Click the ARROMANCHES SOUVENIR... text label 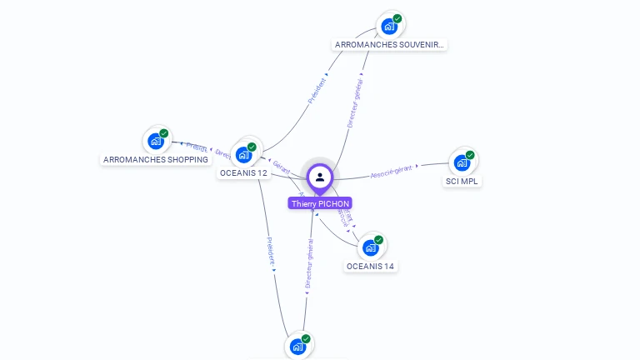pyautogui.click(x=389, y=44)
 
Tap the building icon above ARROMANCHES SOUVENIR pyautogui.click(x=389, y=27)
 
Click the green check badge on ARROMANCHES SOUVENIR pyautogui.click(x=397, y=18)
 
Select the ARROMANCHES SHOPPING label pyautogui.click(x=156, y=159)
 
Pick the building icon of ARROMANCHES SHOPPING pyautogui.click(x=155, y=142)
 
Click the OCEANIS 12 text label pyautogui.click(x=243, y=173)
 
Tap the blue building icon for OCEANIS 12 pyautogui.click(x=243, y=154)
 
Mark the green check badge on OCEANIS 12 pyautogui.click(x=252, y=147)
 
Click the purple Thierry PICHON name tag pyautogui.click(x=320, y=203)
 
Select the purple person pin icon pyautogui.click(x=320, y=177)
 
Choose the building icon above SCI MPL pyautogui.click(x=462, y=162)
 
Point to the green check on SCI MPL pyautogui.click(x=470, y=155)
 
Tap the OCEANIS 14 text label pyautogui.click(x=370, y=267)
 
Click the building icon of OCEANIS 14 pyautogui.click(x=370, y=247)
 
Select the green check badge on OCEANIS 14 pyautogui.click(x=379, y=240)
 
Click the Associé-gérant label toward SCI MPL pyautogui.click(x=392, y=172)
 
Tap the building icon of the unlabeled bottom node pyautogui.click(x=297, y=347)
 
